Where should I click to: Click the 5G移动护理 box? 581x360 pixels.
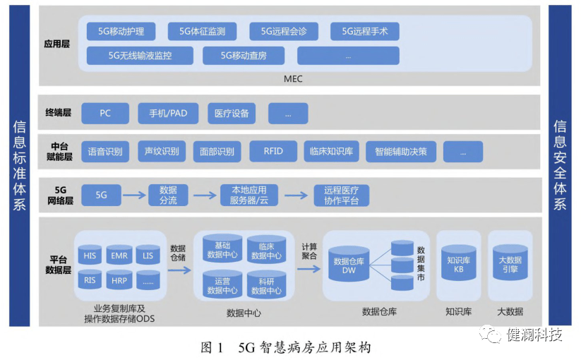[120, 31]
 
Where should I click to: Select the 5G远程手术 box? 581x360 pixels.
[369, 31]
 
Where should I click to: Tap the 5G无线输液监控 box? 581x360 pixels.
[139, 55]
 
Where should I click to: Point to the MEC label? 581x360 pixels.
[292, 78]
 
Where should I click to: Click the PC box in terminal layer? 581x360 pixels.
[105, 113]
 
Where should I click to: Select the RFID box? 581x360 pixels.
[273, 151]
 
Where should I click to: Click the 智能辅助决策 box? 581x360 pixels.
[400, 151]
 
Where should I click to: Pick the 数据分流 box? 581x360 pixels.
[168, 196]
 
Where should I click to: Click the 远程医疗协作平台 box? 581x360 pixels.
[341, 196]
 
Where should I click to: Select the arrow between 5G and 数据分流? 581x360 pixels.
[134, 196]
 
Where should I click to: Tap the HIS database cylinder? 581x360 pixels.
[90, 256]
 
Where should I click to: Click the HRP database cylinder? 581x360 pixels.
[119, 280]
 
